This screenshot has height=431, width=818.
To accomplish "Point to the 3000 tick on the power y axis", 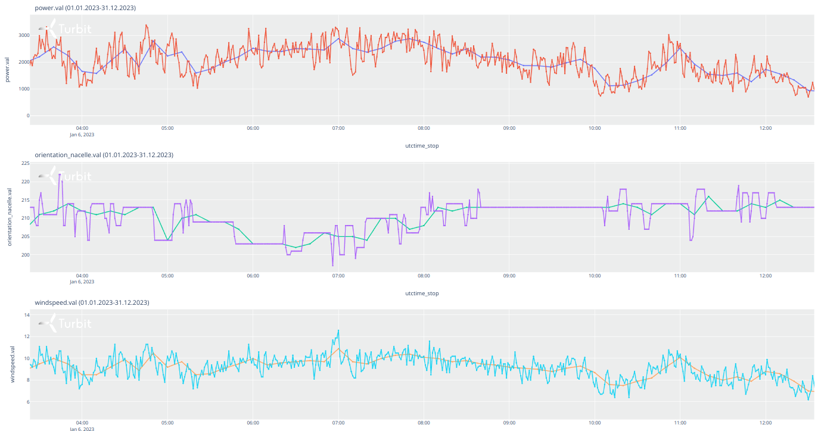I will point(23,36).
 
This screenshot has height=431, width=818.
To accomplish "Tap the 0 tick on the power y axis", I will point(27,115).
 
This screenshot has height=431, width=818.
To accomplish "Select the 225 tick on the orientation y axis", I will point(25,163).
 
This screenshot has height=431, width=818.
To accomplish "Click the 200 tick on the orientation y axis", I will point(25,255).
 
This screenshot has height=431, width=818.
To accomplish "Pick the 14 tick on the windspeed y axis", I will point(26,315).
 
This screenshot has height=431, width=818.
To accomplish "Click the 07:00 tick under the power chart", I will point(338,127).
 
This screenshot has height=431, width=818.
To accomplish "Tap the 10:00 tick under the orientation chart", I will point(595,276).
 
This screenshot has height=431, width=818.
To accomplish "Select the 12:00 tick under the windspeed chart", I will point(766,423).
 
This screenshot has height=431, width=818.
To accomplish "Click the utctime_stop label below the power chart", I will point(422,145).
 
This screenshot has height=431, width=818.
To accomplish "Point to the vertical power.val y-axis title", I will point(7,70).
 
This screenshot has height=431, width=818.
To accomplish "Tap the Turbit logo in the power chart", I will point(66,28).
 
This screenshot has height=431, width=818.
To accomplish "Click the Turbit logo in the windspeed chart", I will point(66,323).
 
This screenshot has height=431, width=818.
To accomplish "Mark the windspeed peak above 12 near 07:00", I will point(338,330).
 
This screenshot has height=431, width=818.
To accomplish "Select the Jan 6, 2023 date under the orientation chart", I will point(82,282).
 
